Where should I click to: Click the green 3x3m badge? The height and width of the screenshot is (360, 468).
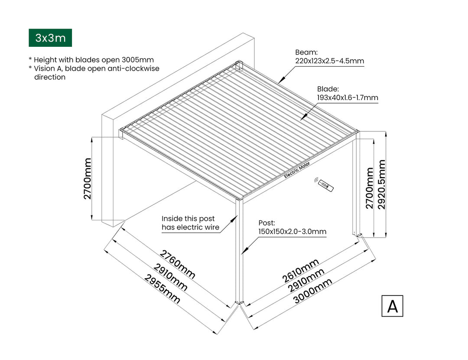click(x=50, y=38)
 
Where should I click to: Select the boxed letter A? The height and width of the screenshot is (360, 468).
click(x=392, y=306)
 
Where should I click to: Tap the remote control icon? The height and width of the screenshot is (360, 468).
click(x=325, y=185)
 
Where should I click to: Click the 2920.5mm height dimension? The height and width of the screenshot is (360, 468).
click(x=382, y=185)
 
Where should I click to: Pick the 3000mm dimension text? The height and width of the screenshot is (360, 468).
click(x=312, y=291)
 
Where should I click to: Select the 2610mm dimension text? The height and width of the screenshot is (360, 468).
click(x=300, y=270)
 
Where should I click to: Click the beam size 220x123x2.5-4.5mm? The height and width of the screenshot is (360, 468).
click(x=329, y=61)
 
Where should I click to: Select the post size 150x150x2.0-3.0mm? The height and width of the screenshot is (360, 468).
click(x=292, y=232)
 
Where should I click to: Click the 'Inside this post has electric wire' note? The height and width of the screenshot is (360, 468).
click(x=190, y=223)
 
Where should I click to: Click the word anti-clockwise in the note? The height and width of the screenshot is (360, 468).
click(x=126, y=68)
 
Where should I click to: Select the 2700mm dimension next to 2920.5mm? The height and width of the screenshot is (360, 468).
click(x=370, y=188)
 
